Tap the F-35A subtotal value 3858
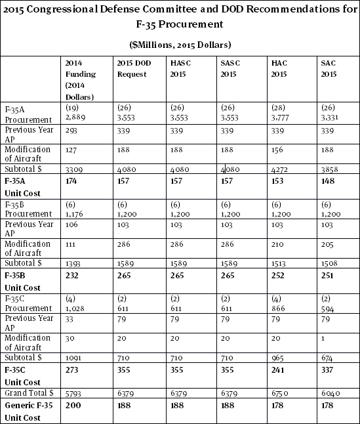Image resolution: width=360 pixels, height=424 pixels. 330,169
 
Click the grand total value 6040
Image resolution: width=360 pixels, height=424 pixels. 330,392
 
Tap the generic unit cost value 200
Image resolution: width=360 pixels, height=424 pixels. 73,405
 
